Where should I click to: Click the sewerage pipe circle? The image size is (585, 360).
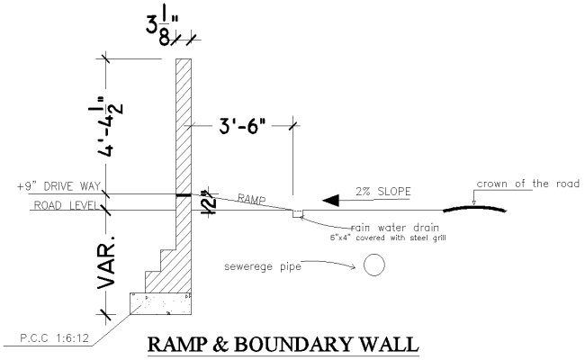click(373, 265)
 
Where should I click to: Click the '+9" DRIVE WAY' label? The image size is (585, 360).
click(58, 187)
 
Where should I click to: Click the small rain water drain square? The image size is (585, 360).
click(297, 214)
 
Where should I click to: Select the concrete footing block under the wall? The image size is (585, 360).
click(162, 303)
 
